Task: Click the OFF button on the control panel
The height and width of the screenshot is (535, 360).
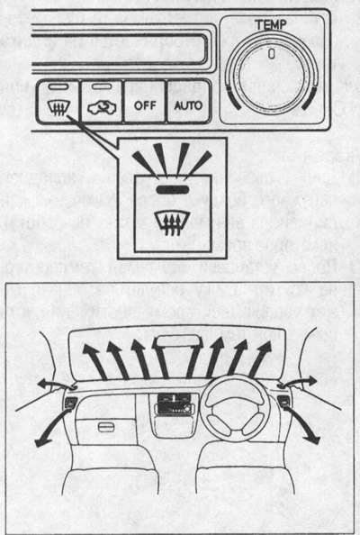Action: point(145,102)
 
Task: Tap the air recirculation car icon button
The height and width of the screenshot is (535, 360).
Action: point(102,102)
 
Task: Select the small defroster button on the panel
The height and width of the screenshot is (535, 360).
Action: point(58,102)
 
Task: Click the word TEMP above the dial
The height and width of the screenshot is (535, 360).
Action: point(271,24)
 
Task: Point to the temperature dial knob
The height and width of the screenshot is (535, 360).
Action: point(272,77)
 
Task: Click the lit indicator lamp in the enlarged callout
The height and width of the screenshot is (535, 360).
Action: point(173,189)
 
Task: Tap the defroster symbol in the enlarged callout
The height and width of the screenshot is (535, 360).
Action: point(172,222)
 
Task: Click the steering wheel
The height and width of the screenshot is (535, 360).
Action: point(235,407)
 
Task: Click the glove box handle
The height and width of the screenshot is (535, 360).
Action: point(106,427)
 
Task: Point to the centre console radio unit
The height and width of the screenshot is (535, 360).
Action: point(174,404)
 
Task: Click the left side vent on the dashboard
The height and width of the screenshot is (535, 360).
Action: point(71,403)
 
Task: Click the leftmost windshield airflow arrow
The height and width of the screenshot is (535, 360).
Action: point(94,361)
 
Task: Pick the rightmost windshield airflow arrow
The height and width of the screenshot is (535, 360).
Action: point(261,359)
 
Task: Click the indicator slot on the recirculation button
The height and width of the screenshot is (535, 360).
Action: point(102,86)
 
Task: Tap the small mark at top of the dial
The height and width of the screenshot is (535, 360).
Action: point(272,54)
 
